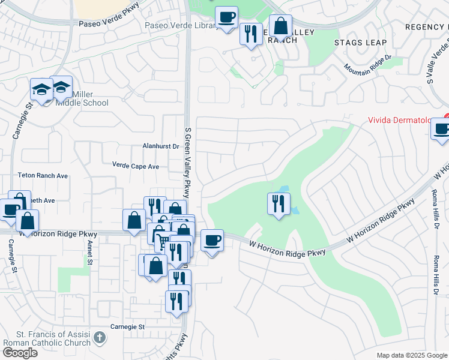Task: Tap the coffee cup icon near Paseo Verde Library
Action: coord(226,17)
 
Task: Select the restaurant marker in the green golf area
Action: coord(279,203)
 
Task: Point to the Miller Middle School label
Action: coord(82,99)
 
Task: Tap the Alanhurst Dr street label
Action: coord(161,146)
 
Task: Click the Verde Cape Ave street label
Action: coord(136,165)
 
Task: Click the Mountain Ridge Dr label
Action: coord(368,65)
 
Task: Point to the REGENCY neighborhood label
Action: coord(426,27)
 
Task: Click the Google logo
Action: coord(20,353)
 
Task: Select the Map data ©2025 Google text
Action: coord(412,355)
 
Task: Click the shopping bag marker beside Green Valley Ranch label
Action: coord(280,26)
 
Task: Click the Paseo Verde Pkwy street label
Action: coord(109,22)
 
